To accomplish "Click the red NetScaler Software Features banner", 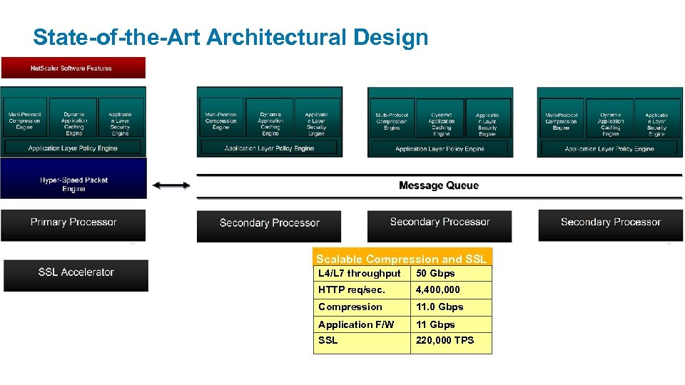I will [x=73, y=68].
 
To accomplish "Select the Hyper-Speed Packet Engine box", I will [x=73, y=185].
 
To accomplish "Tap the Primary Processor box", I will [x=73, y=222].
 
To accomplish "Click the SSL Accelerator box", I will [x=76, y=272].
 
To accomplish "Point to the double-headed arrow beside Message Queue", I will [x=171, y=185].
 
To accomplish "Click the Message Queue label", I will [x=438, y=185].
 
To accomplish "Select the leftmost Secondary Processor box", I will [x=269, y=223].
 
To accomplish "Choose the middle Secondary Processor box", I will [x=440, y=222].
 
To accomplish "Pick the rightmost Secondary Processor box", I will [x=610, y=222].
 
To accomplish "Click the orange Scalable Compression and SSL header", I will [x=402, y=259].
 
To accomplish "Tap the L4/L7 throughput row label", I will [x=360, y=274].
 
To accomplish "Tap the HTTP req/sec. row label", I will [x=352, y=290].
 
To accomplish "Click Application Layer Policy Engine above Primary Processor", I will [x=73, y=148].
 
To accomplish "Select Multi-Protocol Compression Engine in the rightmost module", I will [x=561, y=120].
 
